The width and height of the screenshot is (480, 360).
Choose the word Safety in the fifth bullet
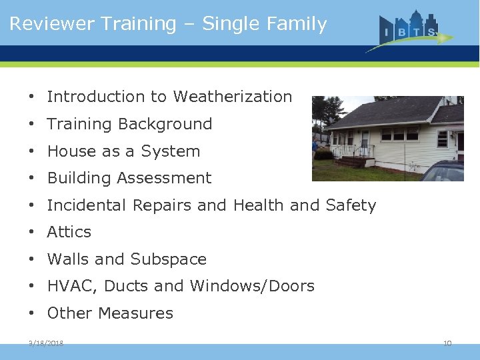[x=351, y=205]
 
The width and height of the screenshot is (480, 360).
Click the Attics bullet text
[x=69, y=232]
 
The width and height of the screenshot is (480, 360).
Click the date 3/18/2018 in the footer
[x=46, y=343]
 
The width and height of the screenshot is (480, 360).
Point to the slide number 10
[x=447, y=343]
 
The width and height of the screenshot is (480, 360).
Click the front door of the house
[x=365, y=142]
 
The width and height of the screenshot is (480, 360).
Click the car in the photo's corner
[x=445, y=171]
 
